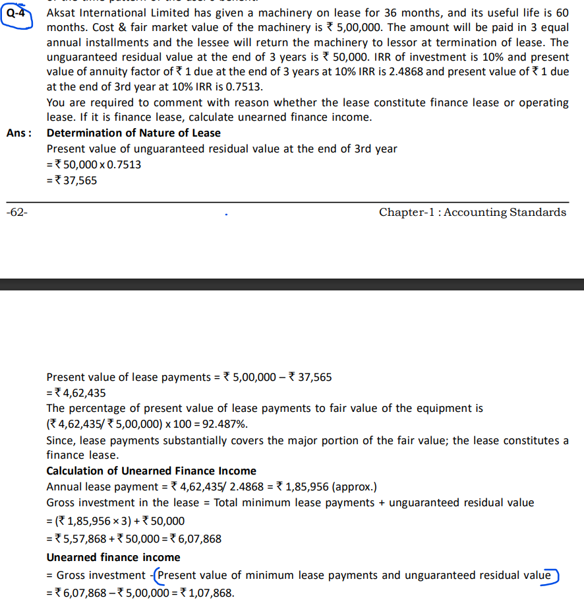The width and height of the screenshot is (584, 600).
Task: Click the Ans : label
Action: (x=19, y=133)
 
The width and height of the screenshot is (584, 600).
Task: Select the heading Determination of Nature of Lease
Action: (x=133, y=133)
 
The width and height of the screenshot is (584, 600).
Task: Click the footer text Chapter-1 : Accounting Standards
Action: (x=472, y=212)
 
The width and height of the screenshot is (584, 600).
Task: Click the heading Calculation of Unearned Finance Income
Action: (x=151, y=471)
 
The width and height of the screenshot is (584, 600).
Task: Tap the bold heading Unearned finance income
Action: (x=113, y=557)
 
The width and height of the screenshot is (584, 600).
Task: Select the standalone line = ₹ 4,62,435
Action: (x=76, y=393)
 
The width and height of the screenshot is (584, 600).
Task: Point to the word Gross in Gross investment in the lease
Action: (x=62, y=503)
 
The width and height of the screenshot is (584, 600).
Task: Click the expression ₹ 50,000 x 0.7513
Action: (x=98, y=164)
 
